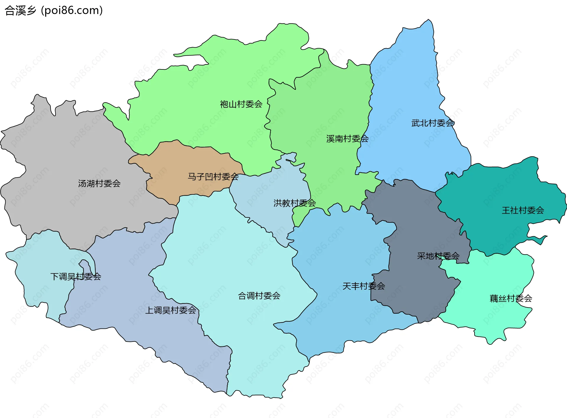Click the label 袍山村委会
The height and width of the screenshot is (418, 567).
pos(241,104)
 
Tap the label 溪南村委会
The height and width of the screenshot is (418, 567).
pos(347,139)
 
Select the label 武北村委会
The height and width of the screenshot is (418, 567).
pos(433,123)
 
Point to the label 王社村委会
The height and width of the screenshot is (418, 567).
pos(523,210)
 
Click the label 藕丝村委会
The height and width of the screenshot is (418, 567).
pos(511,298)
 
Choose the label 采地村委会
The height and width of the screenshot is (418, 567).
pos(438,256)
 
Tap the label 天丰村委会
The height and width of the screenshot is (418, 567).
pos(364,286)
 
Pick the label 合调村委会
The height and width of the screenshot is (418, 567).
pos(259,296)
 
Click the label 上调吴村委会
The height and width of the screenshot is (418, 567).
pos(171,310)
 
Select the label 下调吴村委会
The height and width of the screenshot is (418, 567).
pos(76,277)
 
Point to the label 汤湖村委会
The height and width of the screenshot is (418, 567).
pos(99,183)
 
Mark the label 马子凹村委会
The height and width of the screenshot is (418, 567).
pos(213,177)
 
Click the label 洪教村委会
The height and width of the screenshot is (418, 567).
pos(294,203)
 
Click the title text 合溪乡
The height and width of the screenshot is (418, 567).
pos(20,11)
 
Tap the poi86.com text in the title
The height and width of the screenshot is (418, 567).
pos(72,11)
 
